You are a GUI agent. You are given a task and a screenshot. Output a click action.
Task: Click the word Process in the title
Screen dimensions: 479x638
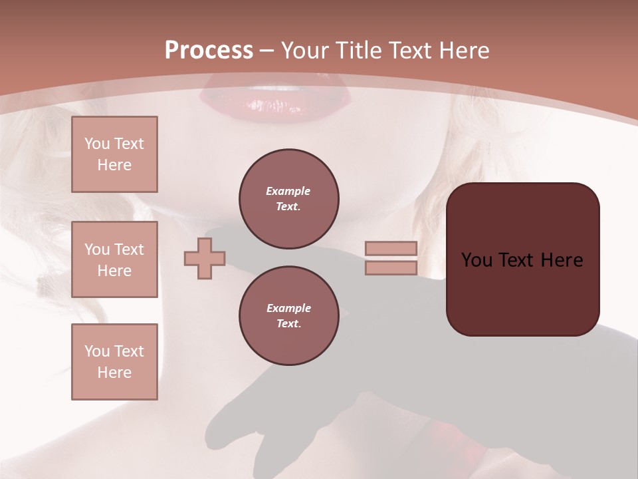[x=209, y=51]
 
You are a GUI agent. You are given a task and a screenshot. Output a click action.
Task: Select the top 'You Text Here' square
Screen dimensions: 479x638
[x=114, y=154]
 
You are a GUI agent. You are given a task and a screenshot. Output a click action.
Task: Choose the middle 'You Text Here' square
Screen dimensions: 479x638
[x=114, y=259]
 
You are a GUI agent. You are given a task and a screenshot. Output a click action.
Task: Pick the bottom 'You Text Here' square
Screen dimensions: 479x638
[x=114, y=362]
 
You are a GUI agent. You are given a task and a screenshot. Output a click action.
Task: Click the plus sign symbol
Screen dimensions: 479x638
[x=205, y=257]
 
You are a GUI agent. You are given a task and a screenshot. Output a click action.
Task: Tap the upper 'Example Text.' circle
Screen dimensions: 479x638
[x=289, y=199]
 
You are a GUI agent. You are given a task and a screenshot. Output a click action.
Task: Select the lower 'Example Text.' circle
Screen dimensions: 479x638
[x=289, y=316]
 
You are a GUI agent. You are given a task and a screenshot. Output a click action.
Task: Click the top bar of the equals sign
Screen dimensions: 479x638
[x=391, y=249]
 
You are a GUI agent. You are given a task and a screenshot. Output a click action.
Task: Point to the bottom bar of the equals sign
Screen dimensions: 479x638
[x=391, y=267]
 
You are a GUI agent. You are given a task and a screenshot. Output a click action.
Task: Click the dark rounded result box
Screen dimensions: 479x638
[x=522, y=259]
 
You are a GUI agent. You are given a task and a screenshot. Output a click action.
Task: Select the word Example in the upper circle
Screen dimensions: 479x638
[x=288, y=192]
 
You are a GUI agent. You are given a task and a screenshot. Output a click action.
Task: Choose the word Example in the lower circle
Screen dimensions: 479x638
[x=288, y=309]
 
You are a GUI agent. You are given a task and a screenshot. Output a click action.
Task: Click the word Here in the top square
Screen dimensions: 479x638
[x=114, y=165]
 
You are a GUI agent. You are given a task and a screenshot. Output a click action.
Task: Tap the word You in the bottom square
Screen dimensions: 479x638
[x=98, y=351]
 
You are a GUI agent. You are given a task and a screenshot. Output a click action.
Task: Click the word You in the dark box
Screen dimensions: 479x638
[x=477, y=260]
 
